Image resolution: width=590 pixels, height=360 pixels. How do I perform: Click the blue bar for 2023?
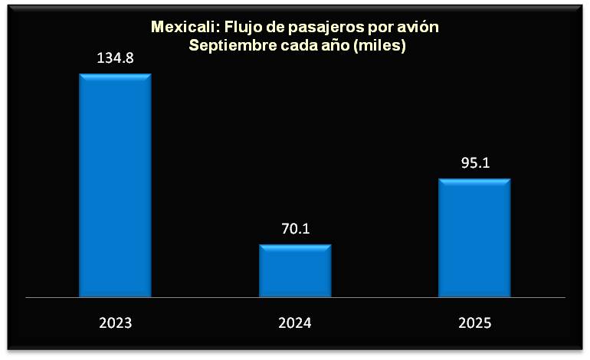[x=116, y=185]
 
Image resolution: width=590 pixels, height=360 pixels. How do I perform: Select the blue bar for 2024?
[x=295, y=270]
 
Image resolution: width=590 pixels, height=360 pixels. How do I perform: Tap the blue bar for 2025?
[x=474, y=237]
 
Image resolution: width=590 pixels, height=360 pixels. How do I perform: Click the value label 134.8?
[x=116, y=57]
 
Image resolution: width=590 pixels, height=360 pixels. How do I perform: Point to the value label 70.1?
[x=295, y=228]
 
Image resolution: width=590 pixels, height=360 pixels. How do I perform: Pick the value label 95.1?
[x=474, y=162]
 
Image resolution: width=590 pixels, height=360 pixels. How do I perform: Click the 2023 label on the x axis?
[x=116, y=322]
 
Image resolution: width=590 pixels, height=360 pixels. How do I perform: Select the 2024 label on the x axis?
[x=295, y=322]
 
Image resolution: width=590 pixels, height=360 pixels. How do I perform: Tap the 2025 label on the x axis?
[x=474, y=322]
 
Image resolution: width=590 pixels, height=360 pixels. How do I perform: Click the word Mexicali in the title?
[x=182, y=28]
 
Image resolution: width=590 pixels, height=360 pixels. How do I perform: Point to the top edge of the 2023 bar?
[x=116, y=75]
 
